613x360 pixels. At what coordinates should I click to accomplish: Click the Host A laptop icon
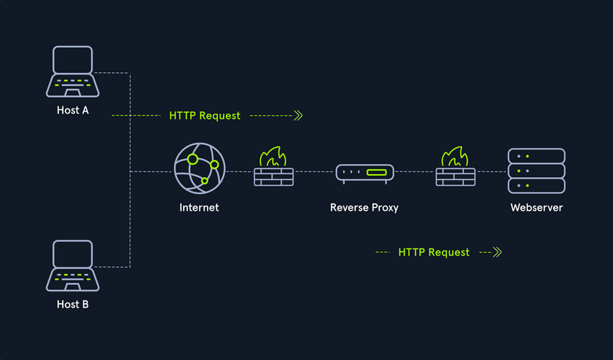(x=72, y=72)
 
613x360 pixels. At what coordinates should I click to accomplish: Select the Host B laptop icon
(x=72, y=266)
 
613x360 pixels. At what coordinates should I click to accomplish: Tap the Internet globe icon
(x=200, y=168)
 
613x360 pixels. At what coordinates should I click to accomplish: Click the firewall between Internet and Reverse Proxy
(x=273, y=168)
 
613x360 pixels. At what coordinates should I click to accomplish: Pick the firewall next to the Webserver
(x=456, y=168)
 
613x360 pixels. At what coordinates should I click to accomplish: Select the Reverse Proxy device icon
(x=364, y=173)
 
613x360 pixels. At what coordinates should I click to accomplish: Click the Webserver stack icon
(x=536, y=171)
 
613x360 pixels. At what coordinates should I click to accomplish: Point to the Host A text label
(x=73, y=111)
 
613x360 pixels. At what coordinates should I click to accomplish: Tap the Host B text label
(x=73, y=304)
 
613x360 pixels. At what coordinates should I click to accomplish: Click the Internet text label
(x=199, y=208)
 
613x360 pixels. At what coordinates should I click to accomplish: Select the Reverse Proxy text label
(x=364, y=208)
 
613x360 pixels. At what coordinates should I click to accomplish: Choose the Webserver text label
(x=536, y=208)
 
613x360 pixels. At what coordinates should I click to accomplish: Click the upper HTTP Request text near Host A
(x=205, y=116)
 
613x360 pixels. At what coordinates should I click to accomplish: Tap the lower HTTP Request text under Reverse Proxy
(x=434, y=252)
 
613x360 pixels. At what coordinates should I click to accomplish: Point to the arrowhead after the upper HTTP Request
(x=297, y=115)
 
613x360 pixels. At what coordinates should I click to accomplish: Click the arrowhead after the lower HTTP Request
(x=498, y=252)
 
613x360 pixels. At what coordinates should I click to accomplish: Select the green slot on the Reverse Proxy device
(x=377, y=173)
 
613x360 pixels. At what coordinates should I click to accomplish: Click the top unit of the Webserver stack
(x=536, y=156)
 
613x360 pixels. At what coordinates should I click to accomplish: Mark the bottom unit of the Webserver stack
(x=536, y=186)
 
